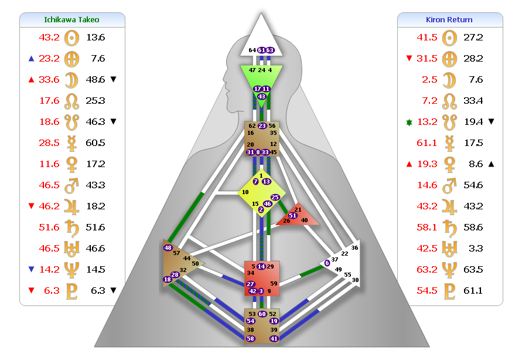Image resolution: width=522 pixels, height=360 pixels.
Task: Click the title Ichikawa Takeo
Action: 71,19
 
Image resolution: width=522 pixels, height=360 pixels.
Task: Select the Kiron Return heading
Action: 449,19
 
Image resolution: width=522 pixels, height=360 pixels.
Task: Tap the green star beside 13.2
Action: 410,121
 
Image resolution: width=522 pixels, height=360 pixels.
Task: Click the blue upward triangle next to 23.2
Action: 31,58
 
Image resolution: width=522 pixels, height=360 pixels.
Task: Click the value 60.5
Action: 95,142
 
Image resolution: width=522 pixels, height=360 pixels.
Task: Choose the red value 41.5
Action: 427,37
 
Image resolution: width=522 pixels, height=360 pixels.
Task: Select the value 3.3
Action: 475,248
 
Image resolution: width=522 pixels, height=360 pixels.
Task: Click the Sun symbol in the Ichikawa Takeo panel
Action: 71,38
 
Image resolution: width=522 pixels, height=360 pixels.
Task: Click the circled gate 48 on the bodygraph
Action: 168,248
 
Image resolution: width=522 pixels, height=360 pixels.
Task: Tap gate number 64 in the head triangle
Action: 252,50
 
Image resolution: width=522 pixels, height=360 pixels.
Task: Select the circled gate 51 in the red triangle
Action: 292,215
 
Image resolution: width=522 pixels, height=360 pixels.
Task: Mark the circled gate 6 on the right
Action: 327,263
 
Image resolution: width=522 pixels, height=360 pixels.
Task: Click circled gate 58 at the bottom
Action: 251,339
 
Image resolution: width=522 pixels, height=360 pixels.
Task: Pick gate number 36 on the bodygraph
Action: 354,248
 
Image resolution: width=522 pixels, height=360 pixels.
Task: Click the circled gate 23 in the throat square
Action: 262,125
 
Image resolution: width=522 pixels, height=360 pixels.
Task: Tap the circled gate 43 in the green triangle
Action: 262,97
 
